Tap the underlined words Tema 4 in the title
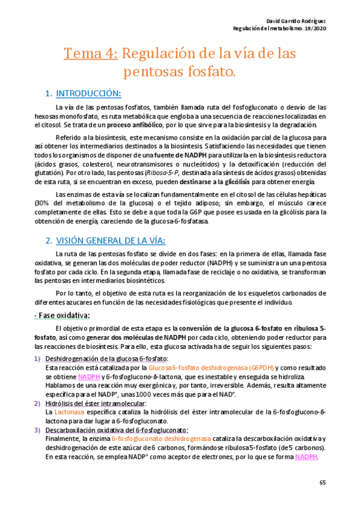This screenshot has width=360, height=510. pyautogui.click(x=90, y=54)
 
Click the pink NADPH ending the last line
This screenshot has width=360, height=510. pyautogui.click(x=307, y=457)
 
